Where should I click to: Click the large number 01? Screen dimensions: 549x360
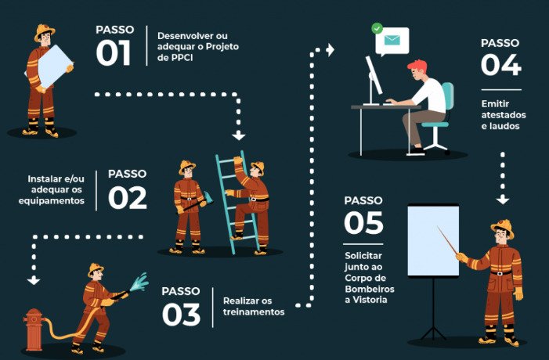pos(113,53)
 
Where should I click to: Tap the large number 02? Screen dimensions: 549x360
pos(127,198)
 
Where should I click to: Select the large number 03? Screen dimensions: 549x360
pos(181,315)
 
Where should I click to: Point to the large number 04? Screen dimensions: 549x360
pos(501,65)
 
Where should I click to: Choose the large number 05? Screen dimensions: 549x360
pos(364,223)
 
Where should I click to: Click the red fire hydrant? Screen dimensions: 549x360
pos(33,329)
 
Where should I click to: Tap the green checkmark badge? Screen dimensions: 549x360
pos(377,28)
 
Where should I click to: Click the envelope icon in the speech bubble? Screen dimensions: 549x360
pos(392,40)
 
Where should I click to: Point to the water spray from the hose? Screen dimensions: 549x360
pos(139,282)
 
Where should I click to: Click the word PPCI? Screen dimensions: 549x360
pos(182,58)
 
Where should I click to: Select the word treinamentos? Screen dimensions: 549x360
pos(254,311)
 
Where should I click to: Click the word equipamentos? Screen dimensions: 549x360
pos(52,201)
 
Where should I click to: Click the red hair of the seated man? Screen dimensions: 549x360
pos(418,66)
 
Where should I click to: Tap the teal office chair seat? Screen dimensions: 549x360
pos(435,124)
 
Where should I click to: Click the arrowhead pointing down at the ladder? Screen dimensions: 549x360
pos(238,135)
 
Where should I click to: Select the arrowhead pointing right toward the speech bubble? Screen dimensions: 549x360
pos(330,49)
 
